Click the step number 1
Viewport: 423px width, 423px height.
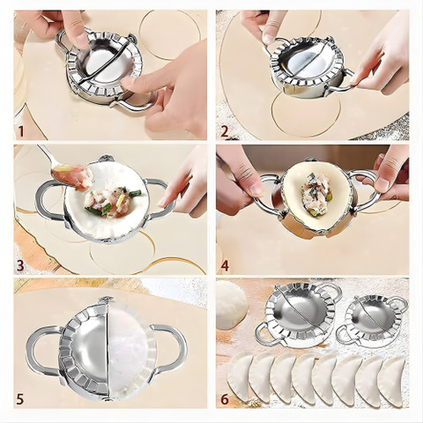point(21,131)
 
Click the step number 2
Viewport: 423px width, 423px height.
point(225,131)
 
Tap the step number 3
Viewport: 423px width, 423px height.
point(20,265)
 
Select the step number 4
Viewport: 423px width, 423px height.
point(225,265)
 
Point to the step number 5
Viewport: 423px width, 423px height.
point(20,399)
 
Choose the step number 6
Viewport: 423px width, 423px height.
point(225,399)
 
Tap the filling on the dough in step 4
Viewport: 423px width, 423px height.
point(316,194)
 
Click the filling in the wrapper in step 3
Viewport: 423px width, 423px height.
point(112,201)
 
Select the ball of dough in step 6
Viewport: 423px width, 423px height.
point(231,304)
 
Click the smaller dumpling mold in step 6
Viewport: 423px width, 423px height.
point(373,321)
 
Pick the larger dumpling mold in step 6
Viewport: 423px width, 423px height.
point(298,315)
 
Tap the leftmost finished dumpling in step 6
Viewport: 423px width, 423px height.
point(241,377)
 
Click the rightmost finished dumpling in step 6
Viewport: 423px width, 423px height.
point(391,382)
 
